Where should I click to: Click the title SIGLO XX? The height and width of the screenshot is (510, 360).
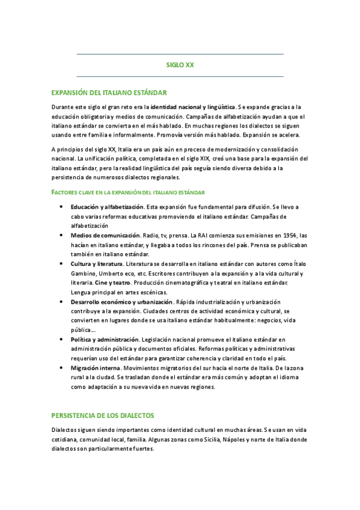point(180,65)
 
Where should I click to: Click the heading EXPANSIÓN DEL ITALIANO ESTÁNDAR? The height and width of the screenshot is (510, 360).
point(109,93)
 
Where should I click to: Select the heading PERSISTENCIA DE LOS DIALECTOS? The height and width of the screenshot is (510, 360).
point(103,399)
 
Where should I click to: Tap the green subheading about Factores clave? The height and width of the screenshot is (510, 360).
point(128,192)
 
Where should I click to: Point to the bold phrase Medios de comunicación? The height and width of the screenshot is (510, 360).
point(104,235)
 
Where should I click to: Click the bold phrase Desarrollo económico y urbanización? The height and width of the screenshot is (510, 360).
point(121,301)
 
